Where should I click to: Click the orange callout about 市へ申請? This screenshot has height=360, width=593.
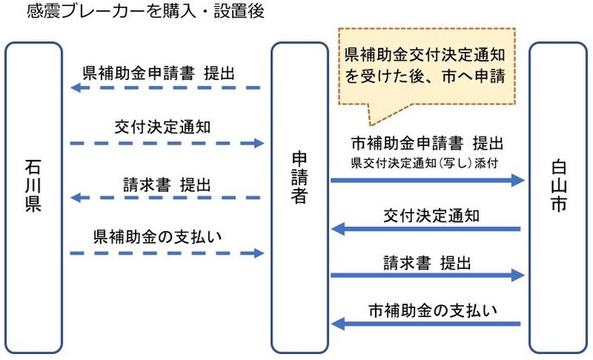pyautogui.click(x=424, y=66)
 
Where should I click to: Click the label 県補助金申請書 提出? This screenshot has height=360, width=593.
pyautogui.click(x=159, y=72)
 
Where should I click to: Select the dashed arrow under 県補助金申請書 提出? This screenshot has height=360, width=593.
pyautogui.click(x=165, y=88)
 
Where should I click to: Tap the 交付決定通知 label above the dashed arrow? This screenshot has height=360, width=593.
pyautogui.click(x=162, y=126)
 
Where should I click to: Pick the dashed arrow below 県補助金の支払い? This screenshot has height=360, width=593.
pyautogui.click(x=165, y=253)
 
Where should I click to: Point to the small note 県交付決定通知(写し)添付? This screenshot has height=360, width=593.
pyautogui.click(x=425, y=161)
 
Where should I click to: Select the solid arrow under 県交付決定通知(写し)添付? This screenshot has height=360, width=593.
pyautogui.click(x=427, y=180)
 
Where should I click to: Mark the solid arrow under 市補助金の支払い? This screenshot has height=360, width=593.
pyautogui.click(x=427, y=324)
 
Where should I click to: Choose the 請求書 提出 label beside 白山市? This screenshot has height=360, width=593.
pyautogui.click(x=427, y=259)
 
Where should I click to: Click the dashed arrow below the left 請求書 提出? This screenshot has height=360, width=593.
pyautogui.click(x=165, y=198)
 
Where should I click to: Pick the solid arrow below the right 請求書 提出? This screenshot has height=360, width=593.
pyautogui.click(x=427, y=276)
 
